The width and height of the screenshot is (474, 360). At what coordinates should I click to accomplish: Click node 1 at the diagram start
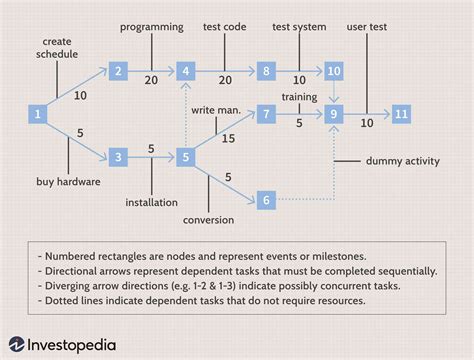(37, 114)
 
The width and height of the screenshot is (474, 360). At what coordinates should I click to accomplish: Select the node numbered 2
(119, 70)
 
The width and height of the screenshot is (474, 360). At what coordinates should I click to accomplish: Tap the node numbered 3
(119, 157)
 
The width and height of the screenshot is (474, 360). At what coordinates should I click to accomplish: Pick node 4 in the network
(185, 70)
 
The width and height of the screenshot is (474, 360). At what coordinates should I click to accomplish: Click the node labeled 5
(185, 157)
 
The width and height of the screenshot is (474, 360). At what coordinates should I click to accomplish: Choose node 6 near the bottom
(265, 200)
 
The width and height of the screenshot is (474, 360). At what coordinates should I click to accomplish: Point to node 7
(265, 114)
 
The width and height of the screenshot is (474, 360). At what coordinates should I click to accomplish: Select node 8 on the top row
(265, 70)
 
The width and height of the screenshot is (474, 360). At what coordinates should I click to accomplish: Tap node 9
(334, 114)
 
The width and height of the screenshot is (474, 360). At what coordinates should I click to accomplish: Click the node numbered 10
(334, 70)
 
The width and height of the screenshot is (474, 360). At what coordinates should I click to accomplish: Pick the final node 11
(400, 114)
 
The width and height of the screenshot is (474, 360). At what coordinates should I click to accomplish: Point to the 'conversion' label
(208, 219)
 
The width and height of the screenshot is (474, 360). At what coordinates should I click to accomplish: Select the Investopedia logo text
(72, 344)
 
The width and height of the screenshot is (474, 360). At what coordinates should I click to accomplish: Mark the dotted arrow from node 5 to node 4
(185, 115)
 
